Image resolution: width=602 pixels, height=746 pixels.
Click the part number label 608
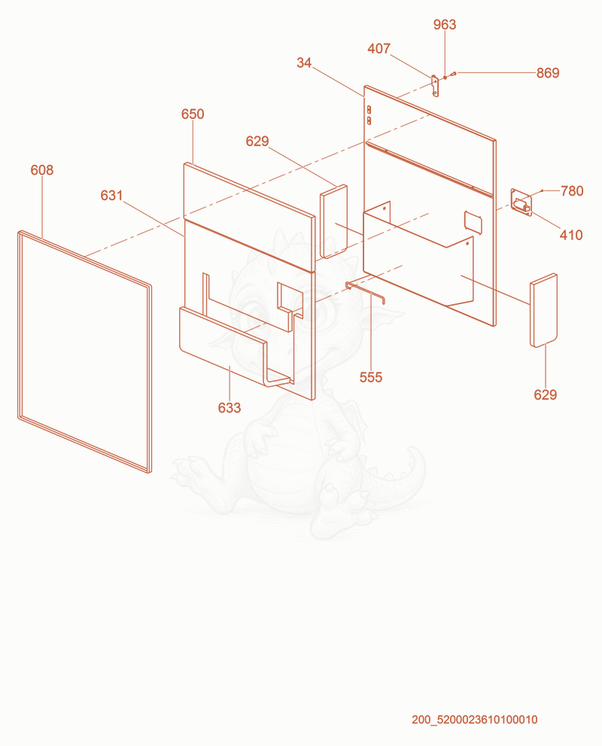[x=42, y=170]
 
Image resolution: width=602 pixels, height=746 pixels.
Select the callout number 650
[x=193, y=114]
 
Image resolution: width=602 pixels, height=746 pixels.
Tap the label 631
[x=111, y=195]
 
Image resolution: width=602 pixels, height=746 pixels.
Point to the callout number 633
[x=230, y=408]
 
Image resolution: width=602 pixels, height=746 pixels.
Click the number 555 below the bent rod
[x=371, y=377]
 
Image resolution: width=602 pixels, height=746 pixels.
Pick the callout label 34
[x=304, y=62]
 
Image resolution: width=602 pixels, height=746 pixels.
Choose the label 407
[x=379, y=48]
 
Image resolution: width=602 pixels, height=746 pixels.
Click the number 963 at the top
[x=445, y=25]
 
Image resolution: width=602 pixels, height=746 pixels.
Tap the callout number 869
[x=548, y=73]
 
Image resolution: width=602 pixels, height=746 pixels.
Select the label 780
[x=572, y=190]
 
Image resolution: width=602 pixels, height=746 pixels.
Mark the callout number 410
[x=571, y=235]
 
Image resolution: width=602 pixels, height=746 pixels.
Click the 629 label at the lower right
[x=545, y=394]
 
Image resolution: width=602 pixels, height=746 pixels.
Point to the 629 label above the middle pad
[x=257, y=141]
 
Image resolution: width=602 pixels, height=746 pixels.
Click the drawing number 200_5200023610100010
[x=475, y=720]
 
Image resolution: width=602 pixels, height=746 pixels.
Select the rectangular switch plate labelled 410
[x=521, y=202]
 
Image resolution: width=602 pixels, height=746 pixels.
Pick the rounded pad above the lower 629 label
[x=543, y=310]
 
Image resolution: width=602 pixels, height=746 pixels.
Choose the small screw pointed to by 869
[x=454, y=74]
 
